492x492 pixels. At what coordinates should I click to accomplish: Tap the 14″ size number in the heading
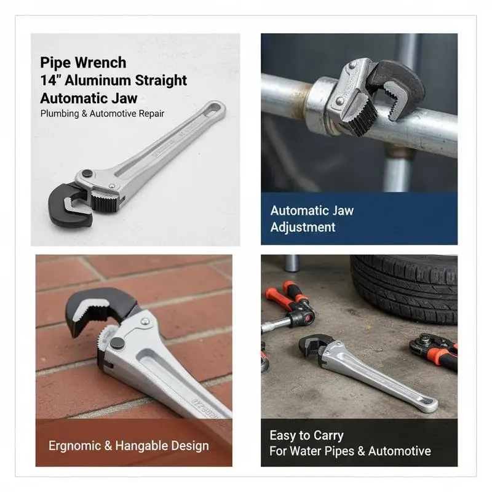(50, 80)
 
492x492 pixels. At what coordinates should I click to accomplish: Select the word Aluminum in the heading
(98, 81)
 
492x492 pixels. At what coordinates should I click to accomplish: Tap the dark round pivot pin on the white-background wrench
(87, 173)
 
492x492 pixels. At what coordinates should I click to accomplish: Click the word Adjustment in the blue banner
(303, 227)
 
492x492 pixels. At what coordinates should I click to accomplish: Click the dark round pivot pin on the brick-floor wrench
(117, 343)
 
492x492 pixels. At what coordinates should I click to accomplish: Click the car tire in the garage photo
(405, 288)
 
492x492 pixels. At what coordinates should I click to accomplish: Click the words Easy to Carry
(306, 435)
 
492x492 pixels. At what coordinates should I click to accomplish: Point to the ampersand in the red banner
(108, 445)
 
